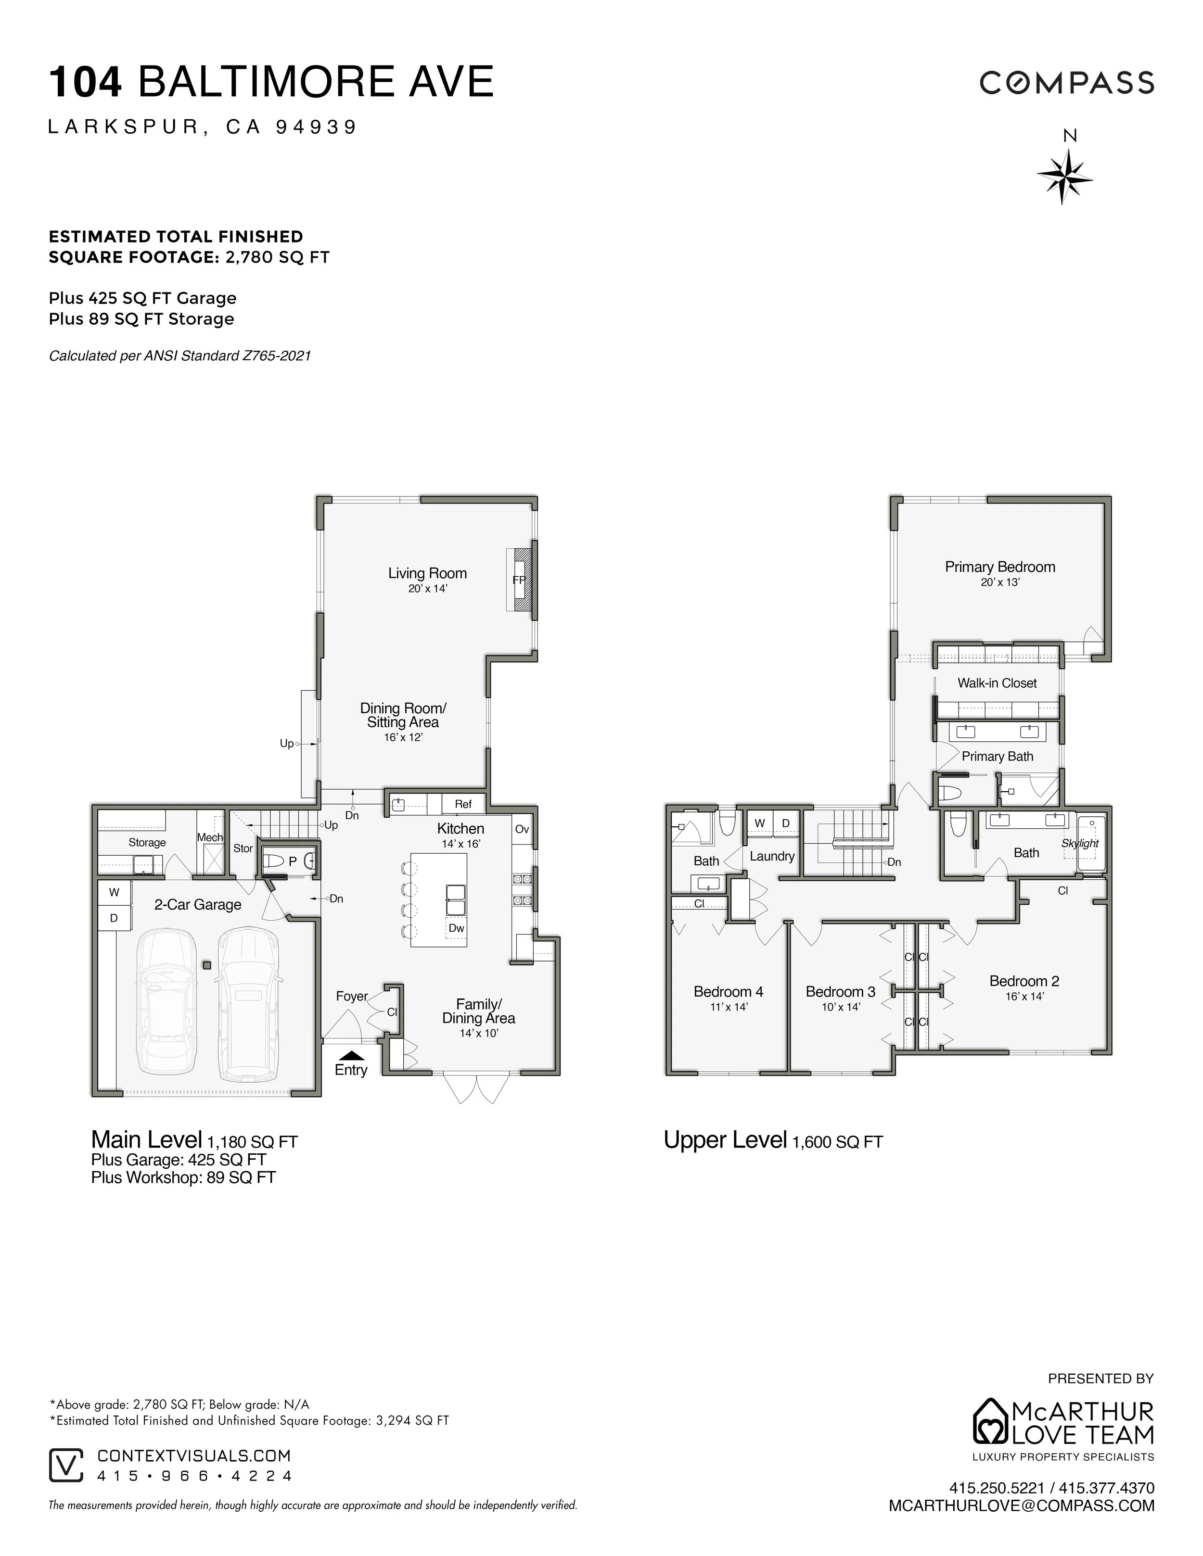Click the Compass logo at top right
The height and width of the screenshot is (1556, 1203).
[x=1066, y=83]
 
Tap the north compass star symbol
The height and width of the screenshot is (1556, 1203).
[x=1064, y=175]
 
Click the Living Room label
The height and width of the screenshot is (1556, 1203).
[x=427, y=573]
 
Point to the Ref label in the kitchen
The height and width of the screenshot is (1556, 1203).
[x=462, y=804]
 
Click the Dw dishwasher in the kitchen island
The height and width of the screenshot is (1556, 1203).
[x=456, y=928]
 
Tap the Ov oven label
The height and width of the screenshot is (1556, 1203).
[x=522, y=829]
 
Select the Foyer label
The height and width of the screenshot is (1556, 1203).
[x=351, y=996]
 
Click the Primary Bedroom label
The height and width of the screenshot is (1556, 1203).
[x=999, y=567]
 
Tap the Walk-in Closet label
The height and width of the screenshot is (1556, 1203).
[x=996, y=683]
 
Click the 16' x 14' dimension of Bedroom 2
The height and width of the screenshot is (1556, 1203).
[x=1024, y=996]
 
